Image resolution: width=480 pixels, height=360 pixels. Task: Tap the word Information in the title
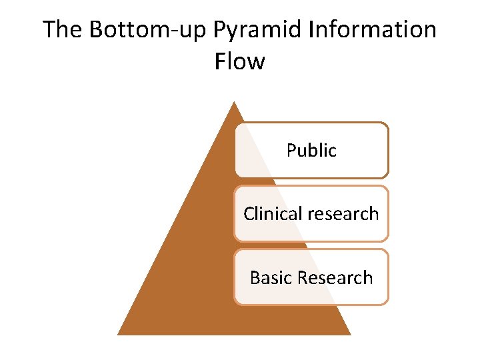point(370,30)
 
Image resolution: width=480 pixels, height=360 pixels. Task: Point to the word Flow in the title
point(240,61)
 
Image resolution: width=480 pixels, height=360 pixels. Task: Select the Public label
point(311,151)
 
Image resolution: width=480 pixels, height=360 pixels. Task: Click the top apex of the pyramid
point(233,102)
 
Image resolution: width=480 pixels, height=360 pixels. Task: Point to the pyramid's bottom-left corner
point(118,334)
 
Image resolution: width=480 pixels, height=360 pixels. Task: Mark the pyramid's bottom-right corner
point(351,334)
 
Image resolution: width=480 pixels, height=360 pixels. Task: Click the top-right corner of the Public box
point(386,124)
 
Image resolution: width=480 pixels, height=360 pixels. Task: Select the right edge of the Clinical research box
point(387,213)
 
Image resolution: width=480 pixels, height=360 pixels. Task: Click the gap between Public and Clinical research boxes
point(311,182)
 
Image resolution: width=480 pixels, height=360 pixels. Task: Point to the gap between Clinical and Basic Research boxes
point(311,245)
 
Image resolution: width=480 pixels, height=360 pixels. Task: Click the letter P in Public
point(291,151)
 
